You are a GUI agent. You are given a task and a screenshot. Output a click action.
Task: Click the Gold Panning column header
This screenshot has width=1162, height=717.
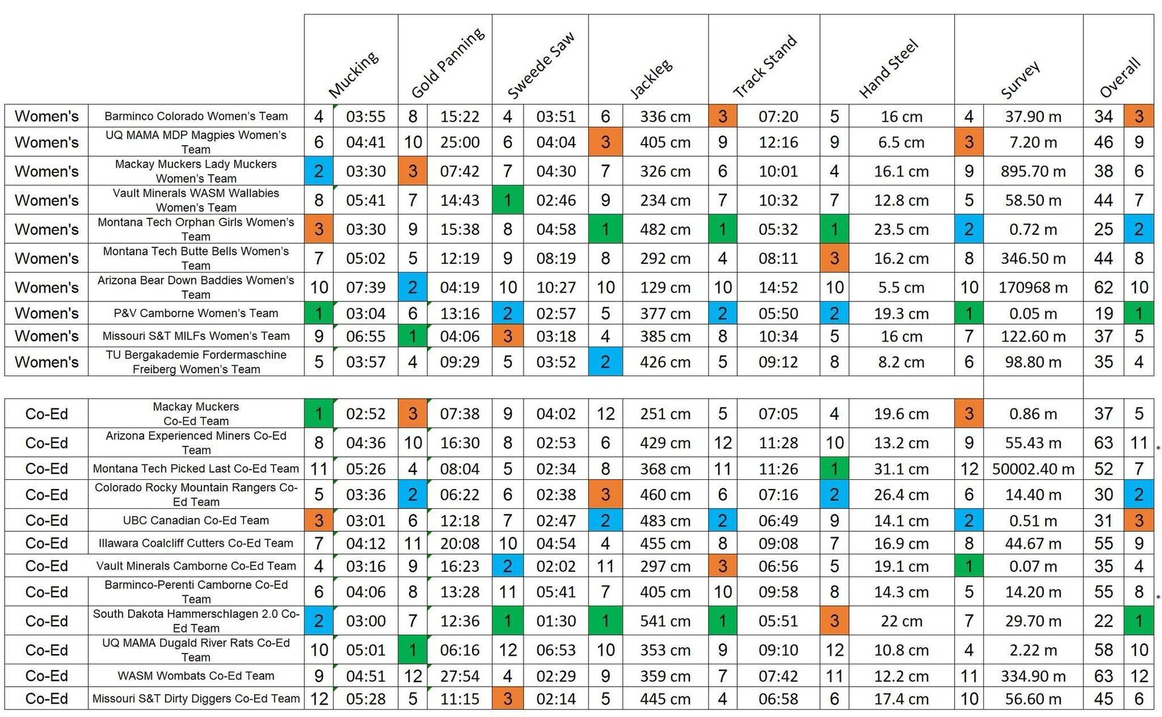click(447, 63)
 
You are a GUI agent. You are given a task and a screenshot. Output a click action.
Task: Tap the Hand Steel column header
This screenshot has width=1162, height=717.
click(888, 68)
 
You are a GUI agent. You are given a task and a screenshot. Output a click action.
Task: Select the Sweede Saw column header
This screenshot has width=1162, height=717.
click(540, 65)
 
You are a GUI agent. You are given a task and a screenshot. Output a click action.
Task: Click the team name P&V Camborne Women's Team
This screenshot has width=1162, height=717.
click(196, 313)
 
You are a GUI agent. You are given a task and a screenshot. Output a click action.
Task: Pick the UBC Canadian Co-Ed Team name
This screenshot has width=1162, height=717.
click(196, 520)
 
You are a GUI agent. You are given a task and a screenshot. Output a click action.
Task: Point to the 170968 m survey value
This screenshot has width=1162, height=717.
click(1032, 287)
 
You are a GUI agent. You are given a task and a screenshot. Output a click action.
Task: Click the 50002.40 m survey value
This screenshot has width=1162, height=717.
click(1032, 469)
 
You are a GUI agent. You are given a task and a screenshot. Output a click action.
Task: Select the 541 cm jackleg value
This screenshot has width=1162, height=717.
click(665, 621)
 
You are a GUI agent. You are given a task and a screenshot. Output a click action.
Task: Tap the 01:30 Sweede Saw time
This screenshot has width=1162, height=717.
click(556, 621)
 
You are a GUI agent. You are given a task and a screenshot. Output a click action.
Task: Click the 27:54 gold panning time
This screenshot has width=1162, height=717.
click(459, 676)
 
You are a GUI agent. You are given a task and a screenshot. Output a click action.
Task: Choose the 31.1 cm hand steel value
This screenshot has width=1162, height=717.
click(901, 469)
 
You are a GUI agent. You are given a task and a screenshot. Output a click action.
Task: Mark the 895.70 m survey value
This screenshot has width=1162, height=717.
click(1032, 171)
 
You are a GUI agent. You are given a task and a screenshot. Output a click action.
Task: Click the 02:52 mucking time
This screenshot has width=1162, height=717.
click(366, 414)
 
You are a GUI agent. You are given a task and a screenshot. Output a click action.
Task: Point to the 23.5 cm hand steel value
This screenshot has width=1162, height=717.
click(901, 229)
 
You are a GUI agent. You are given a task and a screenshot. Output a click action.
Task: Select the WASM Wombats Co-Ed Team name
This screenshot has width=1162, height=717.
click(196, 676)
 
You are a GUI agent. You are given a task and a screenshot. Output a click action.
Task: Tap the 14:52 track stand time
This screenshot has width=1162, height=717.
click(778, 287)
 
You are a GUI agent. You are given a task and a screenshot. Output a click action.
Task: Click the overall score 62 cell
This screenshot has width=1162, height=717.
click(1103, 287)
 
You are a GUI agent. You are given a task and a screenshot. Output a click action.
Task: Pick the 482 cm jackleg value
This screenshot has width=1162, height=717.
click(665, 229)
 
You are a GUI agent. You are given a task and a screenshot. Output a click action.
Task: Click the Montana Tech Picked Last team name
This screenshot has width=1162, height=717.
click(196, 469)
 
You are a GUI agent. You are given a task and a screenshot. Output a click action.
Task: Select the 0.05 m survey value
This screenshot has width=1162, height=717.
click(1032, 313)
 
